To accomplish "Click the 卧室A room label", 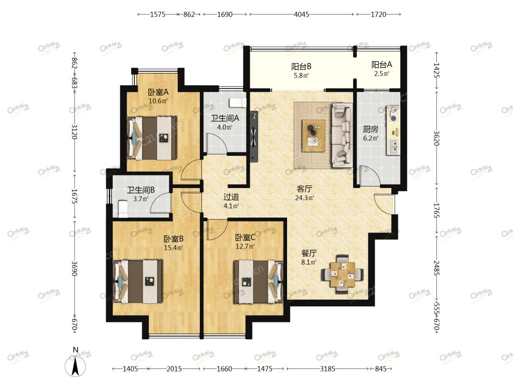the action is pyautogui.click(x=158, y=92).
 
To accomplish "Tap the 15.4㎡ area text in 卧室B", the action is pyautogui.click(x=173, y=248).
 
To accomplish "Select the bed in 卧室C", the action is pyautogui.click(x=258, y=282).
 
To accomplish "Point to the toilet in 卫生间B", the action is pyautogui.click(x=123, y=209).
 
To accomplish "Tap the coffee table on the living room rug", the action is pyautogui.click(x=314, y=136).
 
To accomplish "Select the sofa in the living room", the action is pyautogui.click(x=342, y=135).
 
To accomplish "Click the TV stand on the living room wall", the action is pyautogui.click(x=254, y=136).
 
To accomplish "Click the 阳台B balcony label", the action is pyautogui.click(x=301, y=67).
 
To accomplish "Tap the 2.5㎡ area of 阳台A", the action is pyautogui.click(x=382, y=74).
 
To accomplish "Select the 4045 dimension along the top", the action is pyautogui.click(x=301, y=15).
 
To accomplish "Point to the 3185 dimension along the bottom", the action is pyautogui.click(x=328, y=369).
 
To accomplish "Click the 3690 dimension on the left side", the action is pyautogui.click(x=75, y=268).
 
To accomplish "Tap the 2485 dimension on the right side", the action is pyautogui.click(x=436, y=268).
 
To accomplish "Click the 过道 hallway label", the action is pyautogui.click(x=231, y=197).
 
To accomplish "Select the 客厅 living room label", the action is pyautogui.click(x=304, y=189).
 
